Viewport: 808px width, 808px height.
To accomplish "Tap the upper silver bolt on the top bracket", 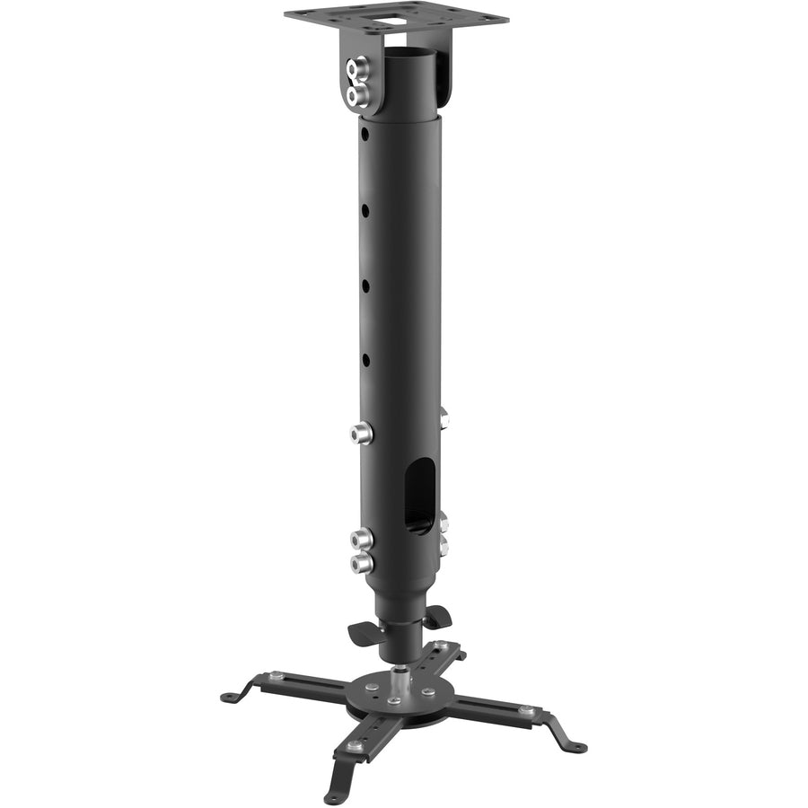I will coord(360,67).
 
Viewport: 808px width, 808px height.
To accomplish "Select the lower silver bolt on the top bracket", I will coord(357,94).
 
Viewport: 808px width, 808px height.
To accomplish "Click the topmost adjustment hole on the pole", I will coord(364,133).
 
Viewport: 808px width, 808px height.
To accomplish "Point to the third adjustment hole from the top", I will coord(365,285).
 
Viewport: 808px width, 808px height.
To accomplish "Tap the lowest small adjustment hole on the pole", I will coord(365,360).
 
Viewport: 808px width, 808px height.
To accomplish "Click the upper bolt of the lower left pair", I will coord(361,540).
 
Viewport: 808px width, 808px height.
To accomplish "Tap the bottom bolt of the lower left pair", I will coord(361,564).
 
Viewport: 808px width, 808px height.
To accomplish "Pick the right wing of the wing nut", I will coord(437,616).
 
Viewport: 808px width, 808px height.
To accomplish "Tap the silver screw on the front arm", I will coord(356,744).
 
